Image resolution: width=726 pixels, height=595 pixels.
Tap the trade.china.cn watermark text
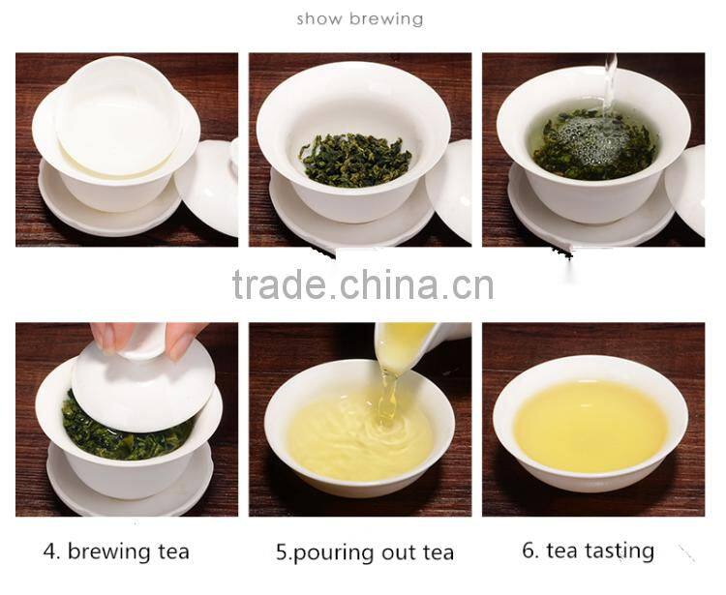(363, 284)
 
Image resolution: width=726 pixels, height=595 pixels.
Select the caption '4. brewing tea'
(116, 552)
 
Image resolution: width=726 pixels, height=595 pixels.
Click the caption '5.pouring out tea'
(365, 553)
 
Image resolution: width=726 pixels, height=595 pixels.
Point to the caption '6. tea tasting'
(588, 551)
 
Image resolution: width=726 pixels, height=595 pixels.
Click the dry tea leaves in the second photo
(353, 159)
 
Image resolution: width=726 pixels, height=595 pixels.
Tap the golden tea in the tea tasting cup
(590, 426)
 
